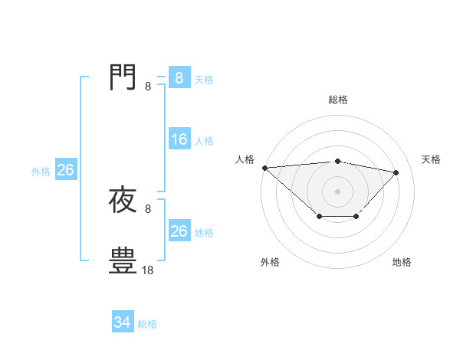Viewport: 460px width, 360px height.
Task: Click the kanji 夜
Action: coord(123,200)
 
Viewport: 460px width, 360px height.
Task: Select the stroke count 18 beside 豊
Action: coord(148,270)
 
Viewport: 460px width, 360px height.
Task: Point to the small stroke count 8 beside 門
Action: coord(148,87)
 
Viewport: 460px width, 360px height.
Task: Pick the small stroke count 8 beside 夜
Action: coord(148,208)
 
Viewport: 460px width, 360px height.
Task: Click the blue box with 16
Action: coord(179,139)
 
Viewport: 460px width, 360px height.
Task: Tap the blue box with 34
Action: coord(122,322)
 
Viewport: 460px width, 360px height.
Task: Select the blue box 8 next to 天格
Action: coord(179,78)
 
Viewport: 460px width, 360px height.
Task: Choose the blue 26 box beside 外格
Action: coord(65,170)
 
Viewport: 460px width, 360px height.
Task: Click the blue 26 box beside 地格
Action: coord(179,231)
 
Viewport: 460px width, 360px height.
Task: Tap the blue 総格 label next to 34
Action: coord(147,324)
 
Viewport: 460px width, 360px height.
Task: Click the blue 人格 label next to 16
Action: coord(204,141)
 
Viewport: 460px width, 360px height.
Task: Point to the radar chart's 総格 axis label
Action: coord(338,100)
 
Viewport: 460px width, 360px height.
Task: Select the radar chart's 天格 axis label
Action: coord(432,159)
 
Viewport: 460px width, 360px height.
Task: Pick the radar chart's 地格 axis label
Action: coord(402,262)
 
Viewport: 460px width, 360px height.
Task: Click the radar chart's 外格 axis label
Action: coord(270,262)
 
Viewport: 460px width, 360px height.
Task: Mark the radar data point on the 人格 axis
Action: coord(264,168)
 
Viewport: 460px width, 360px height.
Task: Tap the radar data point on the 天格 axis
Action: coord(396,172)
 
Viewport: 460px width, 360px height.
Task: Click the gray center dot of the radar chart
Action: coord(338,191)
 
